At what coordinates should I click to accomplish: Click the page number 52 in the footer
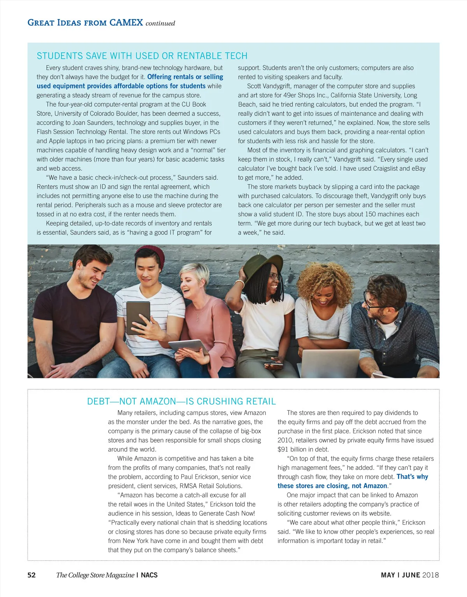(32, 575)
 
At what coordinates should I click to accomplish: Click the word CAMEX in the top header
(126, 23)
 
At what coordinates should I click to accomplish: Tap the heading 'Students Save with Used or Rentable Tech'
(142, 56)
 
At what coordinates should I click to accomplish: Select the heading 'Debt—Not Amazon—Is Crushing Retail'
(181, 401)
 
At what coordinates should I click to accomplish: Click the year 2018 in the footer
(430, 575)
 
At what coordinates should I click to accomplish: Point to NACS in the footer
(149, 575)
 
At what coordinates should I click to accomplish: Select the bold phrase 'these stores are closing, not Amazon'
(332, 486)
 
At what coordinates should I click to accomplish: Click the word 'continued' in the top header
(160, 23)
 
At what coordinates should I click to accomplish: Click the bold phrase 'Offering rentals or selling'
(185, 77)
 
